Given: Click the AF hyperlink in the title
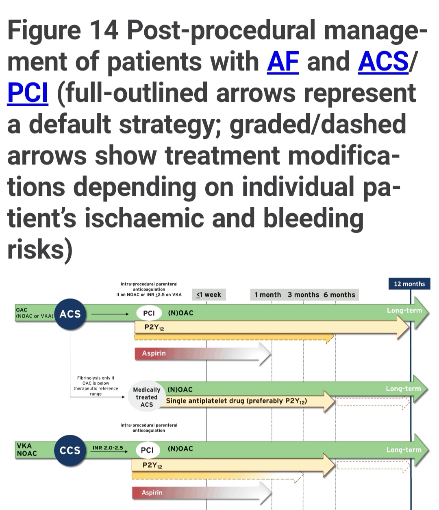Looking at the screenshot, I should tap(283, 62).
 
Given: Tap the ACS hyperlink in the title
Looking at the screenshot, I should tap(383, 62).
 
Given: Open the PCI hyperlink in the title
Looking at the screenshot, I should tap(28, 93).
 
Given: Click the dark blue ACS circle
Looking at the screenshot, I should tap(70, 314).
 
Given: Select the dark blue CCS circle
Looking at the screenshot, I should tap(70, 450).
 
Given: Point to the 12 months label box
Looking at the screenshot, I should tap(409, 284).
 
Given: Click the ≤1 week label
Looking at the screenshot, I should tap(209, 295).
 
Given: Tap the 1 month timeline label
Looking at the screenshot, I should tap(267, 295).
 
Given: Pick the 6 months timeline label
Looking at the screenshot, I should tap(339, 295).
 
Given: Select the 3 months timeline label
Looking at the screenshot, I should tap(303, 295).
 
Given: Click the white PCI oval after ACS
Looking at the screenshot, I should tap(149, 313).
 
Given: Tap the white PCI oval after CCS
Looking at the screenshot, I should tap(147, 450).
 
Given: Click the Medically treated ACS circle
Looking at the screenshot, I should tap(146, 397).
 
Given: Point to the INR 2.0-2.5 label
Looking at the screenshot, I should tap(108, 448).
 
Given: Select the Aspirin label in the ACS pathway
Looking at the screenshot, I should tap(154, 353).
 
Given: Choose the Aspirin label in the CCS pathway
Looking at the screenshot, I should tap(152, 492).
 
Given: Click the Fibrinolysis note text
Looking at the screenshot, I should tap(96, 385).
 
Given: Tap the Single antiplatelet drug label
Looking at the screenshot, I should tap(237, 401).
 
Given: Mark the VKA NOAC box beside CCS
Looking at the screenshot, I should tap(27, 449).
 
